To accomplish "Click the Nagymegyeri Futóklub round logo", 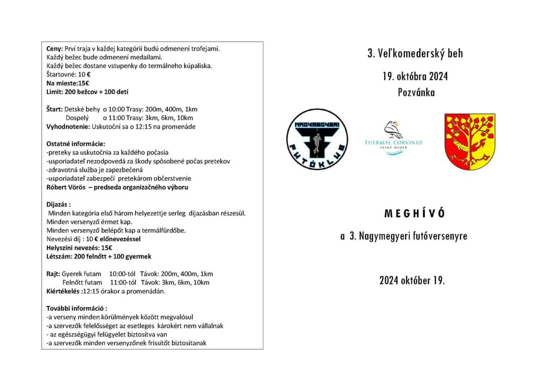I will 317,139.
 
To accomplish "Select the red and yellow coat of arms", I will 470,141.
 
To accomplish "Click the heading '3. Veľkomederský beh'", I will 415,53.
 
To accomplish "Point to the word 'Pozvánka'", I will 416,92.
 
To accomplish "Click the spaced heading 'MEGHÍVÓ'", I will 415,213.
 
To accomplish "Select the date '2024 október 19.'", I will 412,280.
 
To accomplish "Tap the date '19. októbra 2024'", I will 415,76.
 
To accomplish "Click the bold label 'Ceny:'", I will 55,49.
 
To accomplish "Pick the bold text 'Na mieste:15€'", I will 68,83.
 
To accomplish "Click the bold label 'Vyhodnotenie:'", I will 68,127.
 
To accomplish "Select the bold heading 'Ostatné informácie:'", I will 76,144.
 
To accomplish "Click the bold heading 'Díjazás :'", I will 59,205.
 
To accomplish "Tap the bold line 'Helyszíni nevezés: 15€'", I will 79,247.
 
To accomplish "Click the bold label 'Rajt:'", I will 53,274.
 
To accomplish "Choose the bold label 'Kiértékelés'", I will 63,291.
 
